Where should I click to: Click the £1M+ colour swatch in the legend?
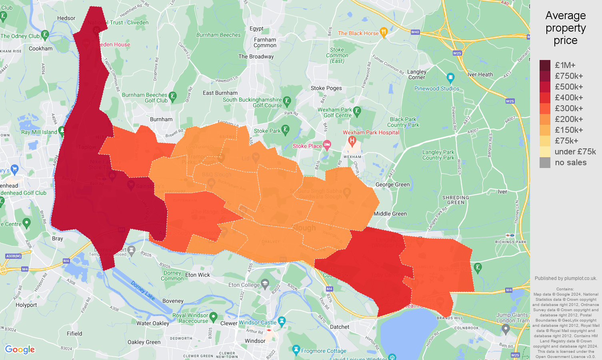545,65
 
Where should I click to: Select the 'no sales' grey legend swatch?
545,162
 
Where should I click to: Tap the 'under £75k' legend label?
575,152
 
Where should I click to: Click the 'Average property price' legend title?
565,28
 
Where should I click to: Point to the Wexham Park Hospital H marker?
352,140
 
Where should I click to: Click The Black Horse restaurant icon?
383,32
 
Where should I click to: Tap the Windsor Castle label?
258,322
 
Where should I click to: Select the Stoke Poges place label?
326,88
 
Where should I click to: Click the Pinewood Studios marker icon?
450,77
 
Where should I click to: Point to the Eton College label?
244,285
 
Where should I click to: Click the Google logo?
20,350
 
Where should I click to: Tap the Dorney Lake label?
143,290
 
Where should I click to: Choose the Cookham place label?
40,48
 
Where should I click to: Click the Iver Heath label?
480,74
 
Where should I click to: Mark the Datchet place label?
340,327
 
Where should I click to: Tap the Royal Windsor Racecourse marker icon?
213,317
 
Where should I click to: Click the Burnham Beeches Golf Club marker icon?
172,96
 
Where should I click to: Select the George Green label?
392,184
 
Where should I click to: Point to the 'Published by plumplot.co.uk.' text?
566,278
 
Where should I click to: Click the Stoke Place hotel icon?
327,145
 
